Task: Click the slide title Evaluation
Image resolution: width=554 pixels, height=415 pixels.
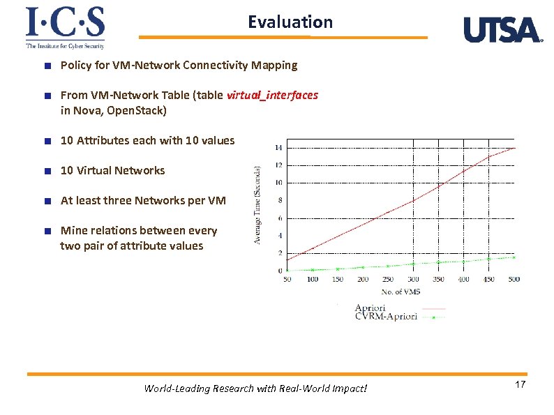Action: coord(290,22)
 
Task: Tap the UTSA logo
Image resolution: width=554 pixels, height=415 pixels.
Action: coord(502,30)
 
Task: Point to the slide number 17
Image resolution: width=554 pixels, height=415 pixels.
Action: coord(519,386)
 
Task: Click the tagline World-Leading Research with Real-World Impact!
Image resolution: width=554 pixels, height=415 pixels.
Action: coord(255,388)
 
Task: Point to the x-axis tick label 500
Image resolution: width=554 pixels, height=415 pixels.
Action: coord(514,279)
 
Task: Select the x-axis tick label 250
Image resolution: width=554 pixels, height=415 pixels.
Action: coord(388,279)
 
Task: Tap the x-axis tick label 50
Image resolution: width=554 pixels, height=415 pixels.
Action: coord(287,279)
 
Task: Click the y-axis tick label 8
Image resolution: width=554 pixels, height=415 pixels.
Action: coord(279,200)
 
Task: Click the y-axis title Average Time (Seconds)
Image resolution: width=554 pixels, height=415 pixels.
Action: coord(257,204)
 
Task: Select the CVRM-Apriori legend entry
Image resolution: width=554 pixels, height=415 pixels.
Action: coord(386,317)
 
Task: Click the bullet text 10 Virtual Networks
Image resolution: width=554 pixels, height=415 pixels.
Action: coord(112,170)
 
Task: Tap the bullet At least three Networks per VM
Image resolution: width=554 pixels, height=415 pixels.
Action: coord(143,200)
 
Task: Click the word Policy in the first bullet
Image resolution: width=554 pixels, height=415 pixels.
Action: coord(75,65)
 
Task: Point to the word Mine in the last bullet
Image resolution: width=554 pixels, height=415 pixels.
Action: coord(73,230)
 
